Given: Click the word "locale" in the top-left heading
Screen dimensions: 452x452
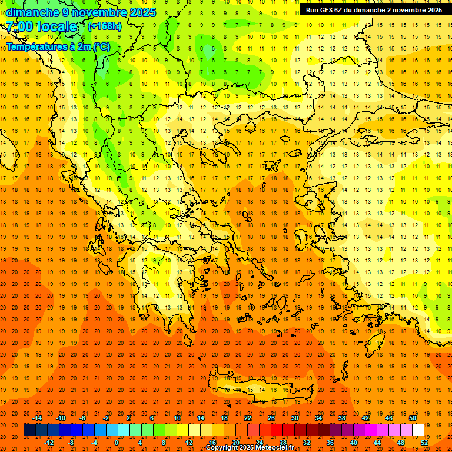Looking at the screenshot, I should coord(56,26).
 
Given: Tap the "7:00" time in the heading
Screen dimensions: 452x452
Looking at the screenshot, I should coord(20,26).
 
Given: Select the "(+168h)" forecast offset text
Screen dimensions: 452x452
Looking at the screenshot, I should coord(104,26).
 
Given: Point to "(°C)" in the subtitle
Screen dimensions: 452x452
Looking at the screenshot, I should coord(98,46).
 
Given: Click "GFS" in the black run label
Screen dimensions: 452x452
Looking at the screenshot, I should coord(330,10).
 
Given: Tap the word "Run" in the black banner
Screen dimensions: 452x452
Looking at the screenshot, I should coord(313,10).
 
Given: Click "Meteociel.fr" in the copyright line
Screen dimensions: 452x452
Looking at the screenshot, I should coord(274,448).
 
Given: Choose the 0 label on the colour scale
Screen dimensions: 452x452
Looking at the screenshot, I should coord(117,442).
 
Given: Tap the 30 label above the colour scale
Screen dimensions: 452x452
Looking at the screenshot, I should coord(294,417).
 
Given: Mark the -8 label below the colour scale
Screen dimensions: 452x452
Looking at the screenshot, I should coord(71,442).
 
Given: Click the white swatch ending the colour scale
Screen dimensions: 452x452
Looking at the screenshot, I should coord(418,430).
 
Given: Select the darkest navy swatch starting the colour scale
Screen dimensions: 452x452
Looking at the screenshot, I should coord(29,430).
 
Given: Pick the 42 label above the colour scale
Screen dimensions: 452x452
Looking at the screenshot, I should coord(365,417).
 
